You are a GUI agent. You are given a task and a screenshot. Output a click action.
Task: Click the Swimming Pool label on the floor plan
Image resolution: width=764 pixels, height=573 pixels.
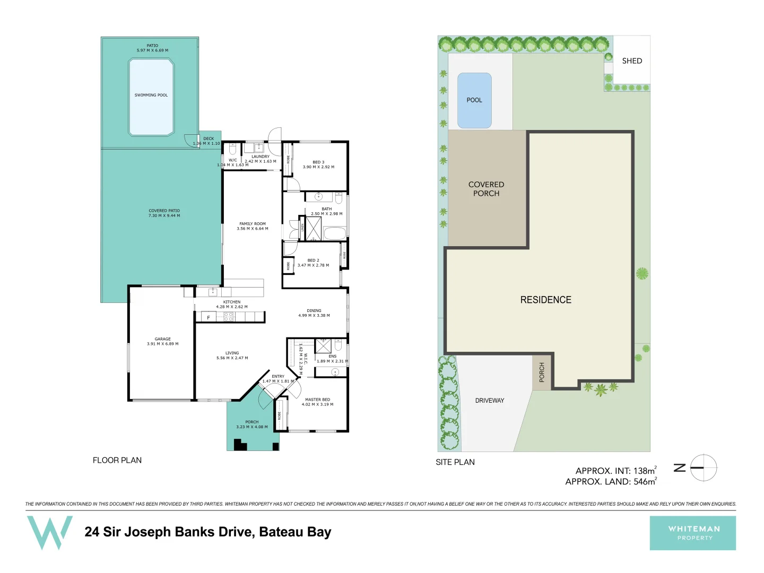151,95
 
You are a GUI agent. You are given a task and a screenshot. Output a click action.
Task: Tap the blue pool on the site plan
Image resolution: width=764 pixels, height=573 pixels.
474,100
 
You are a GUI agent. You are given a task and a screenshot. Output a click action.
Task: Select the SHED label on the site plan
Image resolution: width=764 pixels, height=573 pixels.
632,61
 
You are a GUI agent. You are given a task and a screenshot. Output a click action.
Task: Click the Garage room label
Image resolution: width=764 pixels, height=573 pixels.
163,339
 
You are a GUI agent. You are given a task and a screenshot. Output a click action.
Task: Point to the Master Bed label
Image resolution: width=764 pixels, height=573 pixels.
317,400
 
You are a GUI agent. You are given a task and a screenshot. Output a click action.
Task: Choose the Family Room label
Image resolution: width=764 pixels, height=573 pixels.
253,224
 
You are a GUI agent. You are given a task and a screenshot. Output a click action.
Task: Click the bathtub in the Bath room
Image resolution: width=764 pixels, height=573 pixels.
335,233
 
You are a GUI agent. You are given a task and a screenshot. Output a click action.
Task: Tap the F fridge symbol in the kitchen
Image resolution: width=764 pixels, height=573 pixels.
209,318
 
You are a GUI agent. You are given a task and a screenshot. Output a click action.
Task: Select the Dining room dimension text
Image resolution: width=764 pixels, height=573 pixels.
314,316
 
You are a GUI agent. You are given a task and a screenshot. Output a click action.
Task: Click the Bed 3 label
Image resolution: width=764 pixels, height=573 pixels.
318,162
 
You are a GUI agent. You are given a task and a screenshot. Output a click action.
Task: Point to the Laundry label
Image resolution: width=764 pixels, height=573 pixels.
261,157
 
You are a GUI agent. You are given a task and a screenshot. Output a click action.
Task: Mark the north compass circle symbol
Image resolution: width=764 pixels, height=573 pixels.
704,468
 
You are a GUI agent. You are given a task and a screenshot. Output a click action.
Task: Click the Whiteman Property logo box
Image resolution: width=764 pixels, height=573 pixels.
692,533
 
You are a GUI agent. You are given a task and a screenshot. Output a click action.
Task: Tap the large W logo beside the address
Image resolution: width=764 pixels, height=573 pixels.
50,532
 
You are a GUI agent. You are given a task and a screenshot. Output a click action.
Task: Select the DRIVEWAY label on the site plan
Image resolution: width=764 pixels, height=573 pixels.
490,401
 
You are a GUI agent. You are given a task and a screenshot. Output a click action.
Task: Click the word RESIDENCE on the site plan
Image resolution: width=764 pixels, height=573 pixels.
546,300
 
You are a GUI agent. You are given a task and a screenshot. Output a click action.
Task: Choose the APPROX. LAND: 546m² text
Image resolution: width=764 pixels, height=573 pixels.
611,482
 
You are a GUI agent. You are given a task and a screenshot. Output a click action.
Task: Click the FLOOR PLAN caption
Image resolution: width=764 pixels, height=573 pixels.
117,461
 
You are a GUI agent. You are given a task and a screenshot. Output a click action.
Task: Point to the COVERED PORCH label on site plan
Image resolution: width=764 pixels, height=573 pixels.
486,189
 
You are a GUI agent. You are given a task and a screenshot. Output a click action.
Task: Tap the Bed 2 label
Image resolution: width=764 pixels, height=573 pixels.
313,261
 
